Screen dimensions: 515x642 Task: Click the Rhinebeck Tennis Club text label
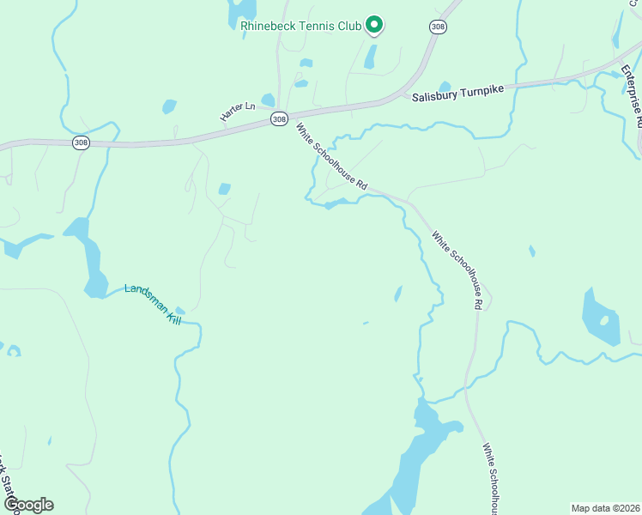[x=300, y=27]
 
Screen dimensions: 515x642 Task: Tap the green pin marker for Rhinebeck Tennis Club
[x=374, y=25]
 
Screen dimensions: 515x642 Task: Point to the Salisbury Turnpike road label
[x=456, y=98]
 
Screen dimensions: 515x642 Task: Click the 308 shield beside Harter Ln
[x=278, y=119]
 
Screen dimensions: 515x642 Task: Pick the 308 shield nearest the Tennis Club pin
[x=438, y=27]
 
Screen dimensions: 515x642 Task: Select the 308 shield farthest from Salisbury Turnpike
[x=81, y=143]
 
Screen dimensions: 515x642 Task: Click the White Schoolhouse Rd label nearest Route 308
[x=331, y=157]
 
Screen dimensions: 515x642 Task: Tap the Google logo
[x=28, y=505]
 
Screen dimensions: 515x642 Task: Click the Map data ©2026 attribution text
[x=606, y=507]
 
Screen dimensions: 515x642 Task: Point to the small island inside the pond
[x=604, y=320]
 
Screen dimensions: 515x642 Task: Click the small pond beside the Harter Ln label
[x=268, y=100]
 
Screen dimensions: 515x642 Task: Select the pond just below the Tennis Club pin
[x=370, y=57]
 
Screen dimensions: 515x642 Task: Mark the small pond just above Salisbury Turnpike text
[x=445, y=87]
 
